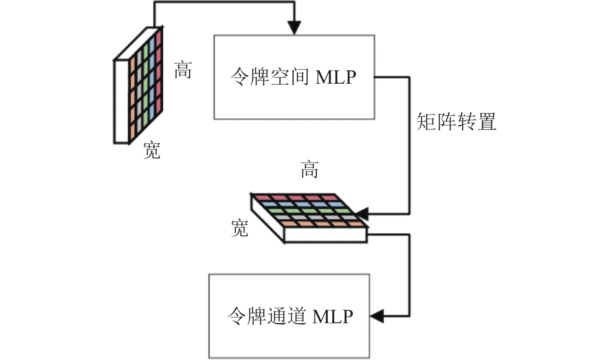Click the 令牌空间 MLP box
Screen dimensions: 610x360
click(294, 77)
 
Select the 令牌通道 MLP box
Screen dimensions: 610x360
click(289, 316)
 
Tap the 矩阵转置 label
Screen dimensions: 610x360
click(456, 122)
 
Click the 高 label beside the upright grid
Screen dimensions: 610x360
click(183, 70)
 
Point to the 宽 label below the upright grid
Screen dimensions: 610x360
click(152, 150)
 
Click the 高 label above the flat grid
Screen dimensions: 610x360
click(309, 169)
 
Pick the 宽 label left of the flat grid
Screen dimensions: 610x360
click(240, 228)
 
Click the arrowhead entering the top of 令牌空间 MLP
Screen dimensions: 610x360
click(294, 28)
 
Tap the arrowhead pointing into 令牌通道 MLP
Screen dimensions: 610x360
click(377, 316)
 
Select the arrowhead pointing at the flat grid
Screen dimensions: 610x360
click(362, 214)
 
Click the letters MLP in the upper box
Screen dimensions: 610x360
click(335, 78)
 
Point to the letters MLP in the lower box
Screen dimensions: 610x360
click(333, 316)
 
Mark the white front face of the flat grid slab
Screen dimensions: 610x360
click(325, 235)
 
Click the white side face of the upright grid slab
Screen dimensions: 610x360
click(121, 102)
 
